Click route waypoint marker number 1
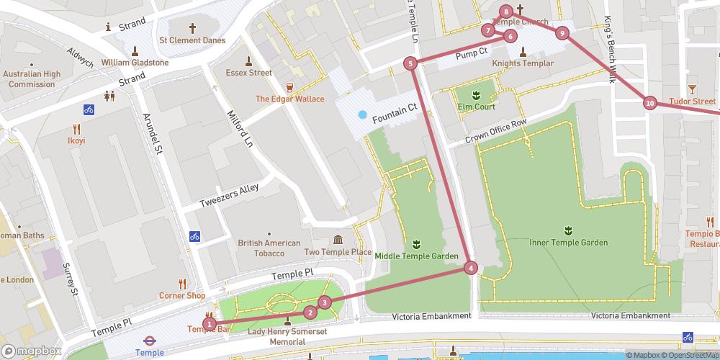[x=209, y=324]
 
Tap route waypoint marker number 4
[x=471, y=268]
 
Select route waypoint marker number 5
[x=410, y=63]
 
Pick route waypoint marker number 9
[x=562, y=32]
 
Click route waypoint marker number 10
[x=650, y=104]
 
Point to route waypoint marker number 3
[x=325, y=302]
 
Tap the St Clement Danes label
[x=192, y=41]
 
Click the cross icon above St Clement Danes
[x=192, y=28]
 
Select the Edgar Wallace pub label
[x=289, y=99]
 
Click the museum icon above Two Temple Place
[x=338, y=240]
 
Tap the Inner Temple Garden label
[x=568, y=243]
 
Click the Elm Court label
[x=476, y=107]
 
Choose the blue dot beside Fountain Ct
[x=362, y=114]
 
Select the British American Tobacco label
[x=269, y=248]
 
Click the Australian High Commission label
[x=32, y=79]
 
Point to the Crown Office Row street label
[x=496, y=130]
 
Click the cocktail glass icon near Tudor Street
[x=692, y=88]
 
